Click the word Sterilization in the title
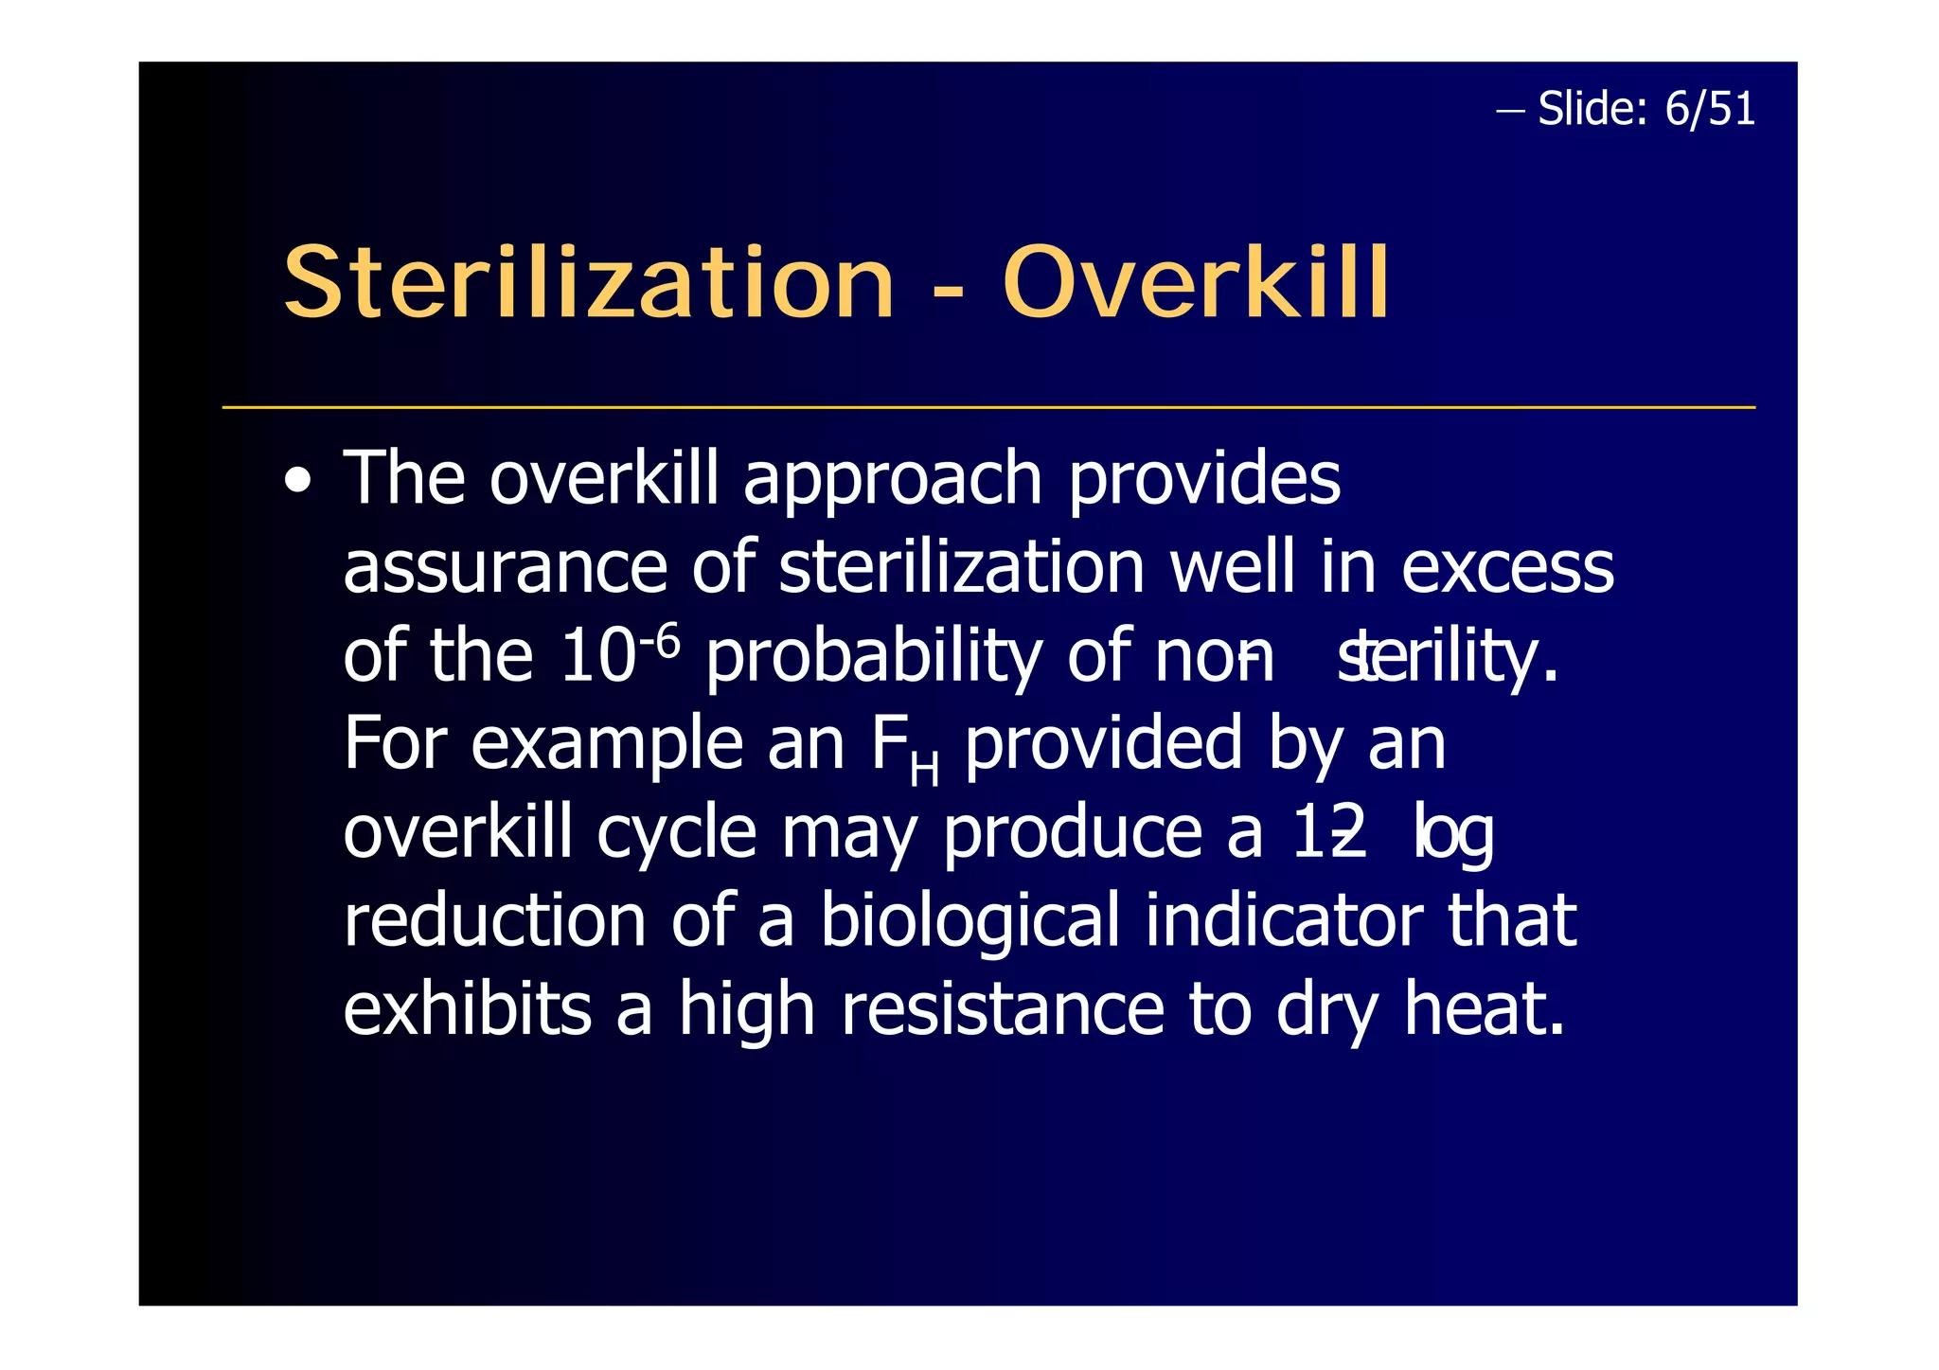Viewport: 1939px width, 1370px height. pyautogui.click(x=588, y=283)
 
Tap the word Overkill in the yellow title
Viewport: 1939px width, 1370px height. pyautogui.click(x=1196, y=283)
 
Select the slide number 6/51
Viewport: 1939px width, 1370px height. pyautogui.click(x=1710, y=109)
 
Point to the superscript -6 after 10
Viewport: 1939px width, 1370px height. pyautogui.click(x=660, y=644)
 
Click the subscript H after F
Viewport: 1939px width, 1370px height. pyautogui.click(x=924, y=770)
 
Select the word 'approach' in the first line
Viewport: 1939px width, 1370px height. pyautogui.click(x=892, y=480)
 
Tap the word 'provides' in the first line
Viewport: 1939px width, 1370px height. pyautogui.click(x=1204, y=480)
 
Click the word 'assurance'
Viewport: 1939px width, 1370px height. pyautogui.click(x=506, y=568)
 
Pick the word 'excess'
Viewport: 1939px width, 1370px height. pyautogui.click(x=1507, y=568)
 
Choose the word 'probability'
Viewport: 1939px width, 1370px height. pyautogui.click(x=873, y=657)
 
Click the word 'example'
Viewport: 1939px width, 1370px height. pyautogui.click(x=607, y=745)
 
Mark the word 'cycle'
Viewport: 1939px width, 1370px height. pyautogui.click(x=676, y=834)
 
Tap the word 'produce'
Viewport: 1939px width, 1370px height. pyautogui.click(x=1073, y=834)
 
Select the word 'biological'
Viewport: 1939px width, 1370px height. pyautogui.click(x=969, y=921)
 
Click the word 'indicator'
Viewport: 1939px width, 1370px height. pyautogui.click(x=1283, y=921)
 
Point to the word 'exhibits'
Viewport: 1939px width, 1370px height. pyautogui.click(x=467, y=1009)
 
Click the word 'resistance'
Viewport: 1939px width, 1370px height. pyautogui.click(x=1003, y=1009)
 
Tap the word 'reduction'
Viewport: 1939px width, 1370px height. pyautogui.click(x=494, y=921)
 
